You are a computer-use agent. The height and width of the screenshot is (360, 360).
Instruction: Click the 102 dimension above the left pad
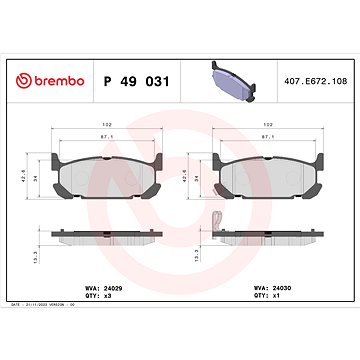pos(106,126)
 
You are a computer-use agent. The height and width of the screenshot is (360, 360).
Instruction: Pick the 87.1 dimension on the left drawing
pos(106,139)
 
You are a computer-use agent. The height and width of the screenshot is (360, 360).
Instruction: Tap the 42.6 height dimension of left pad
pos(23,170)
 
